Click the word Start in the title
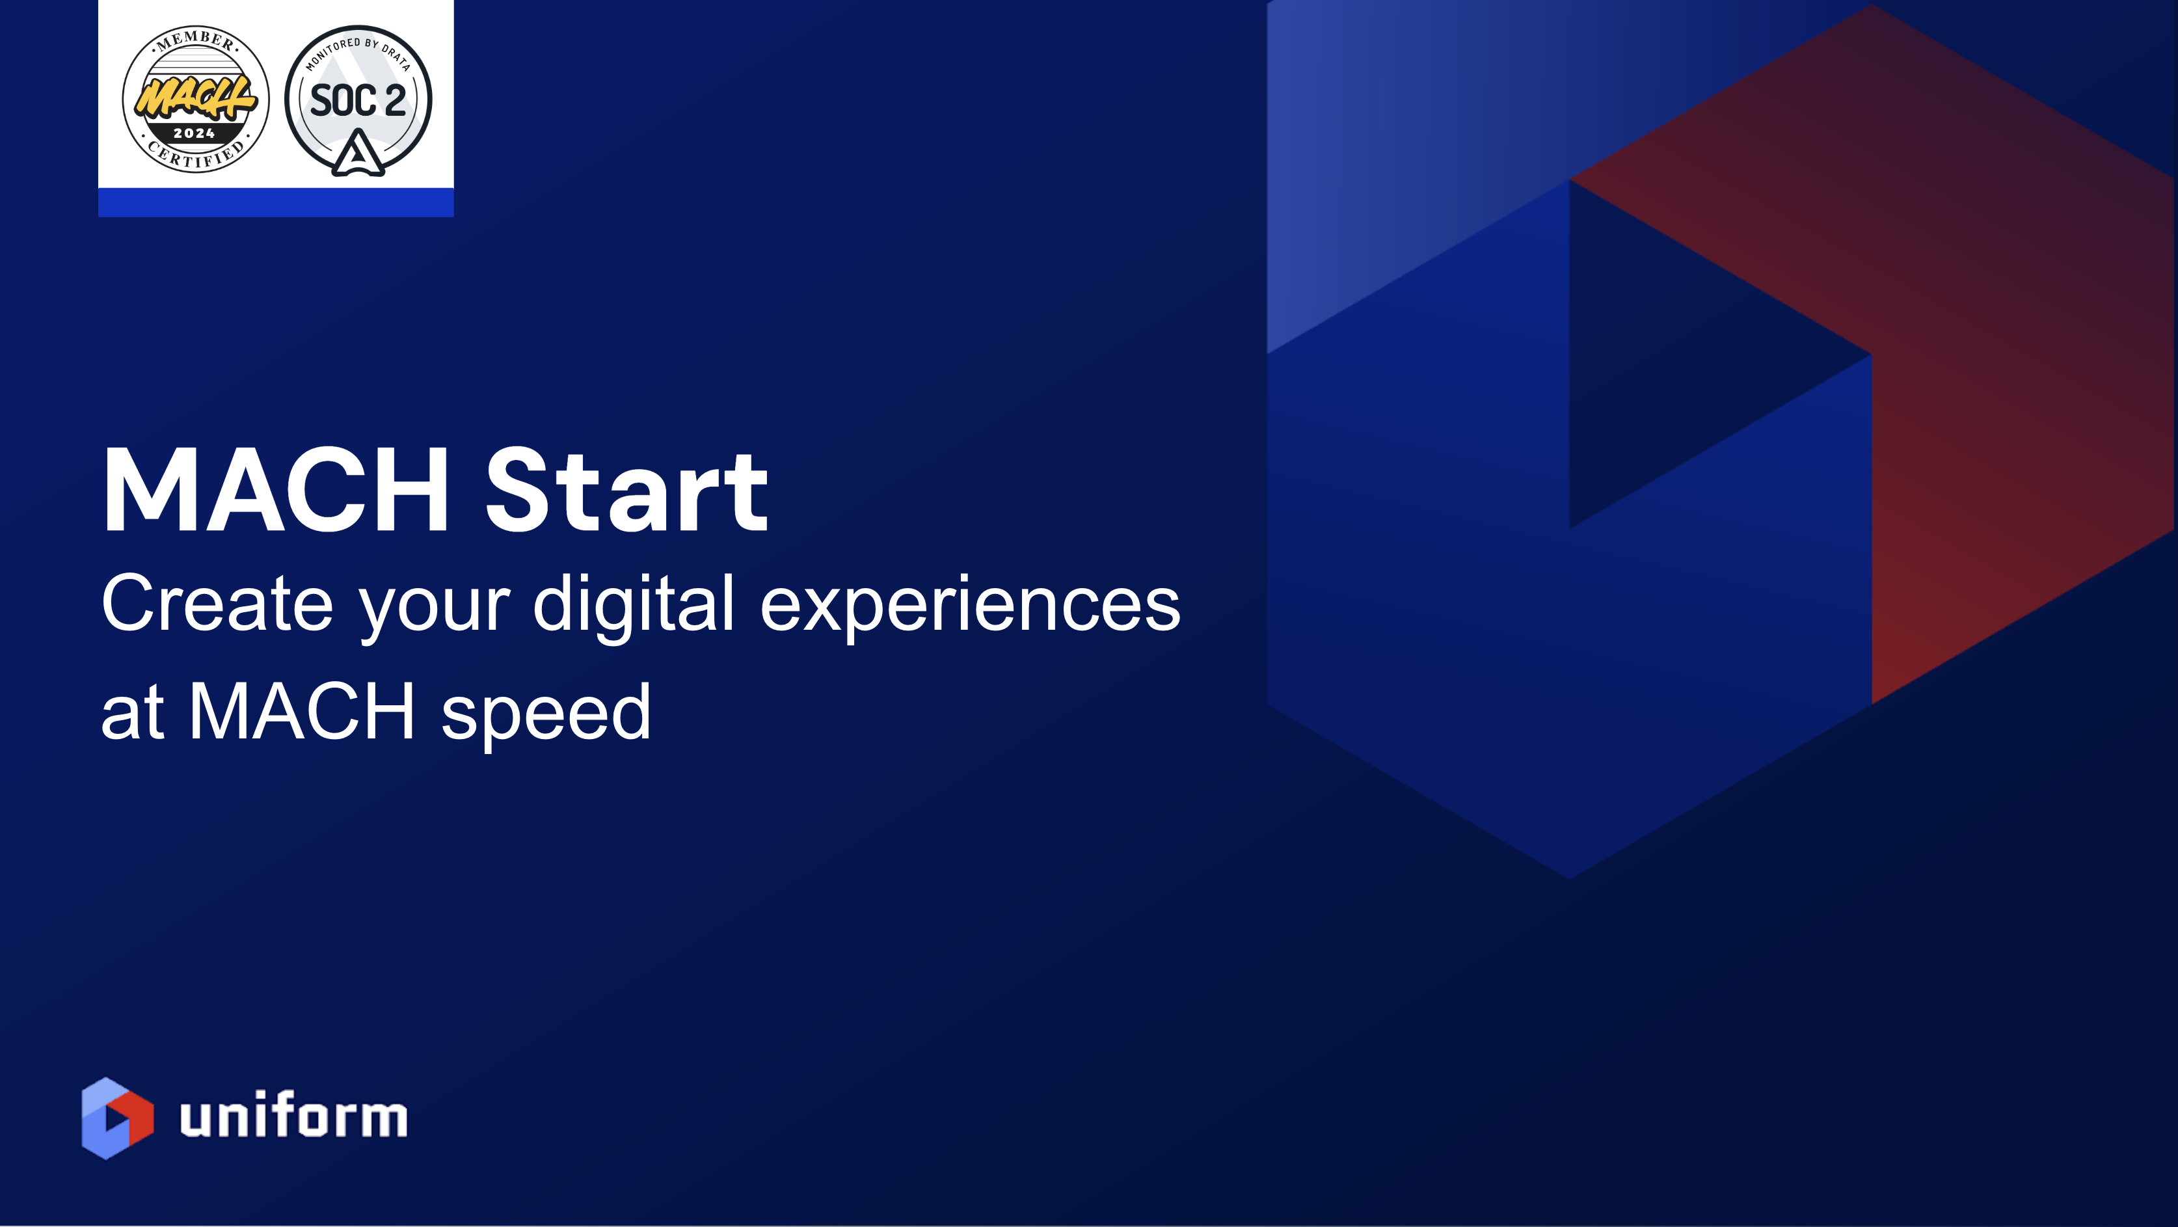(x=626, y=491)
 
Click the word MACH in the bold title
(x=276, y=491)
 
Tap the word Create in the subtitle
(x=217, y=604)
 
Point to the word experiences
(x=970, y=604)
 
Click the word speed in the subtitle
(x=546, y=712)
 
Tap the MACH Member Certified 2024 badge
(x=196, y=99)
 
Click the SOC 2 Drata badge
(x=358, y=99)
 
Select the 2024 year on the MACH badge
(x=195, y=133)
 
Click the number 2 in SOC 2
(x=395, y=101)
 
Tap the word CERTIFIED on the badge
(x=196, y=156)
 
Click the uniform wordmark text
(x=293, y=1116)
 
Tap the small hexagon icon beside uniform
(x=116, y=1118)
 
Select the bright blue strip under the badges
(x=276, y=202)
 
